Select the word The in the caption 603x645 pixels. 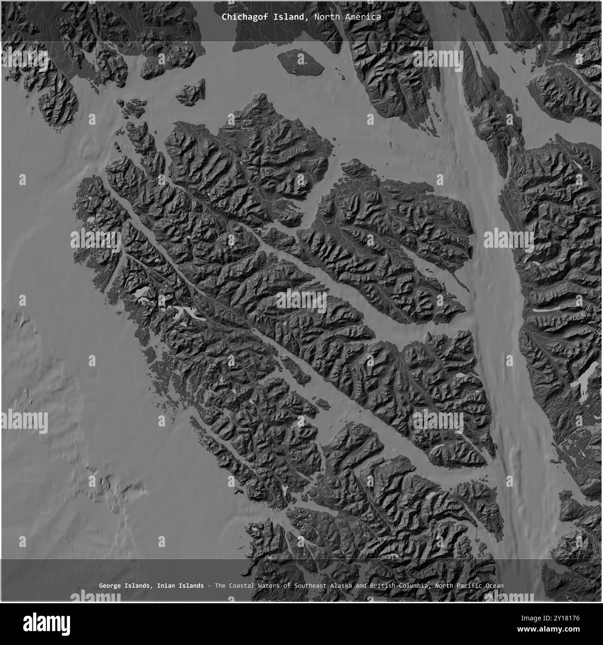pyautogui.click(x=220, y=586)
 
